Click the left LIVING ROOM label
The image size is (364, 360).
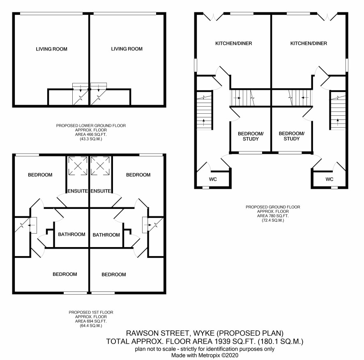coord(51,49)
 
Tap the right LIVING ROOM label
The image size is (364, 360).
coord(127,49)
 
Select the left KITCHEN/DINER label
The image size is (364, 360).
coord(233,44)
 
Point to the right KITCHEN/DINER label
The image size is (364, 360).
coord(309,44)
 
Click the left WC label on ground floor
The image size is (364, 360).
coord(213,179)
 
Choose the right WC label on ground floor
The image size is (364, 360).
coord(329,179)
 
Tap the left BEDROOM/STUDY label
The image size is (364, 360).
coord(251,136)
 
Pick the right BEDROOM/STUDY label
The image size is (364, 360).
coord(292,136)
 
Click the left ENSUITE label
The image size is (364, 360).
coord(78,191)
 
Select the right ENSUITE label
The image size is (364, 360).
coord(101,191)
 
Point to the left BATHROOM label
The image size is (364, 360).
coord(71,234)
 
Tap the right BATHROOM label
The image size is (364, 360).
coord(106,235)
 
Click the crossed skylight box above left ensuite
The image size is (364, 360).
coord(78,166)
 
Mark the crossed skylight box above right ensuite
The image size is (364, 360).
coord(100,166)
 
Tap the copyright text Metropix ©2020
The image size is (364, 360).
coord(218,355)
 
